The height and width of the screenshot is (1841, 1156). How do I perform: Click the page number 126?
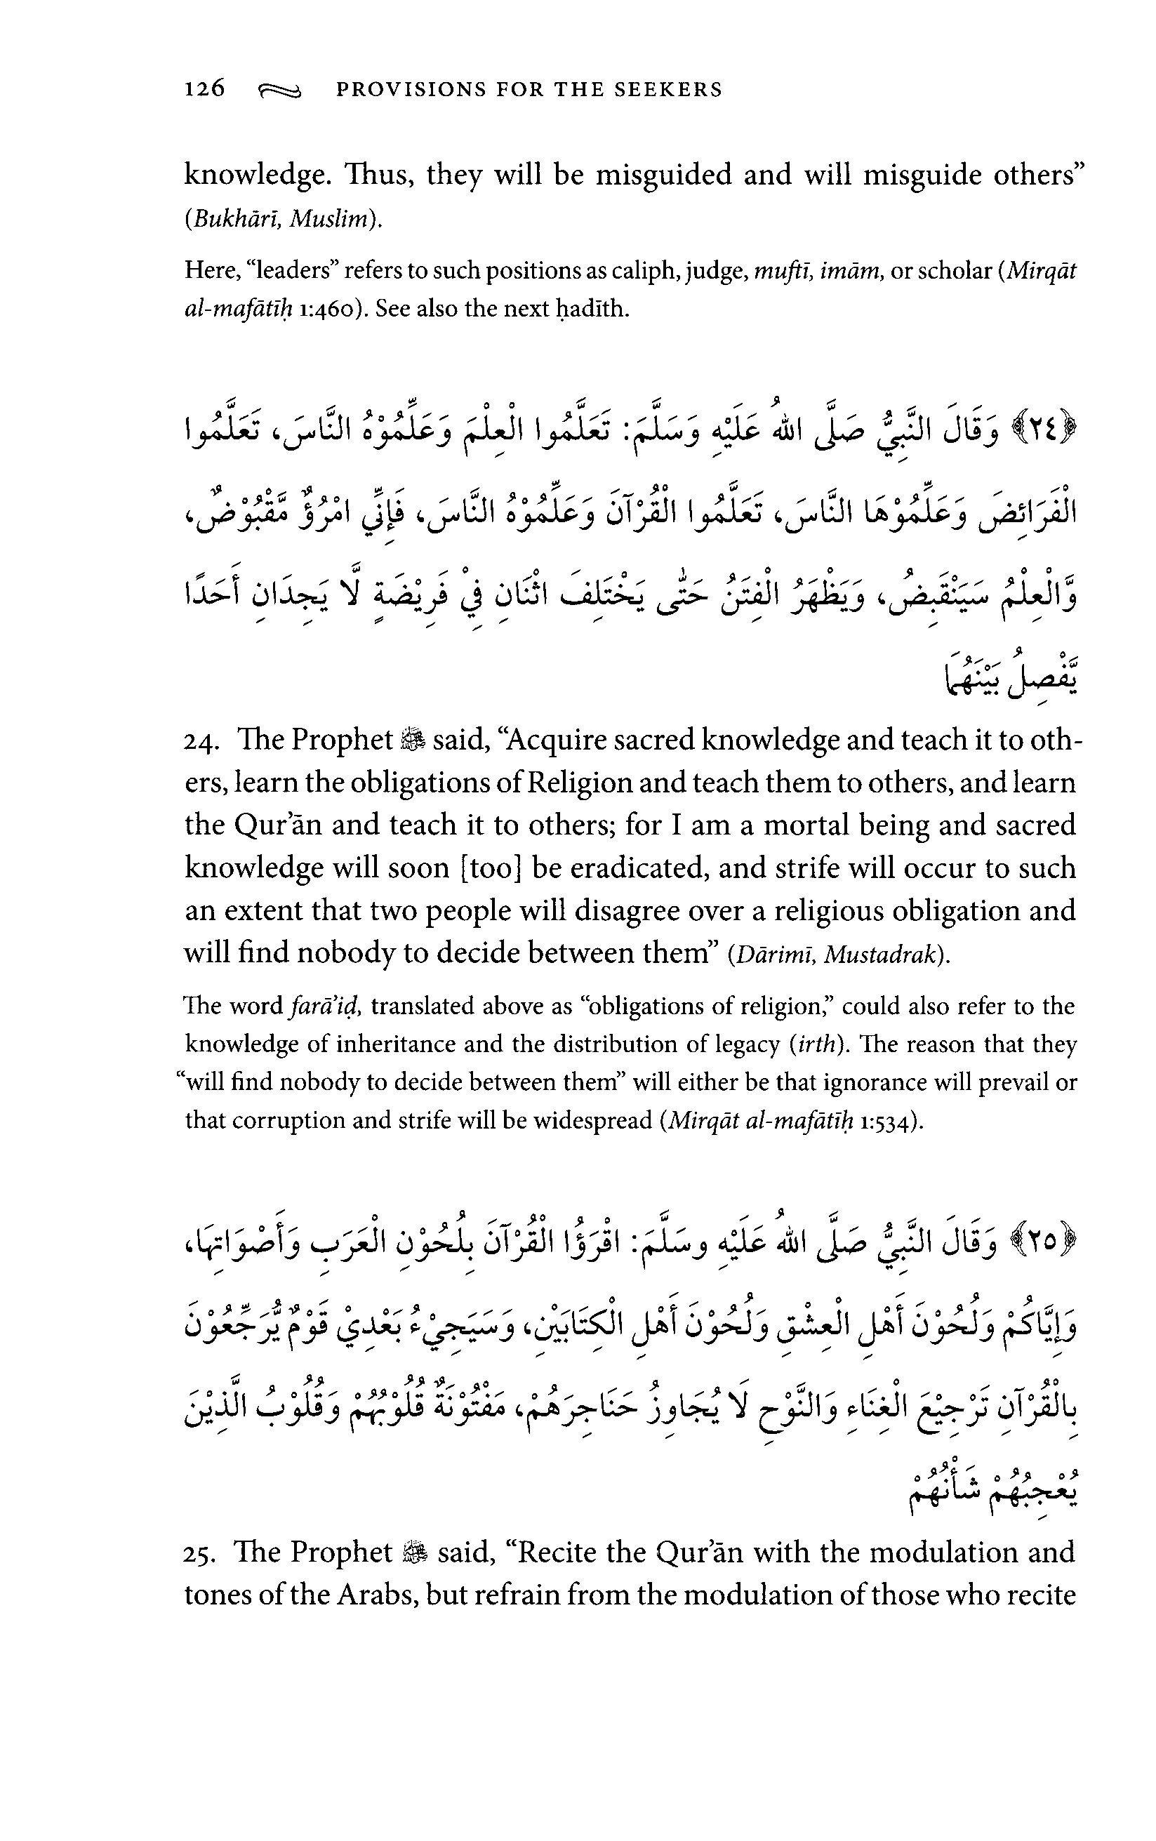[205, 88]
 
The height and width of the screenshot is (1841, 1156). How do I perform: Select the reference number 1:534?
[889, 1121]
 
